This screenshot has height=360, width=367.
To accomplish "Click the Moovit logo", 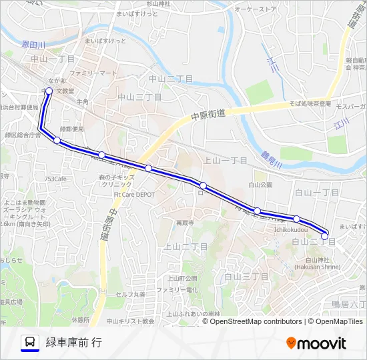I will coord(316,343).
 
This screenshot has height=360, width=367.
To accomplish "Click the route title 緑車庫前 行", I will coord(73,343).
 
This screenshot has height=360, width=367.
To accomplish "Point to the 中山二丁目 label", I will coord(171,79).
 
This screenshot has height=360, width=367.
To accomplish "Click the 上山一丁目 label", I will coord(225,161).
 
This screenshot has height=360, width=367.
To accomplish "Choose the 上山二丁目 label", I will coord(181,246).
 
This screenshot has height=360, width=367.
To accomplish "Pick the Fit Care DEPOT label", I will coord(133,195).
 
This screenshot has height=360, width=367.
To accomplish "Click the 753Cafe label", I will coord(56,179).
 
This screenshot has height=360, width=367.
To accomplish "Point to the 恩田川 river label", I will coord(33,44).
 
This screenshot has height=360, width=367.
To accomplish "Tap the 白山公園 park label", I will coord(261,184).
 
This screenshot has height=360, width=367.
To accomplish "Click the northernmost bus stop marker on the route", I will coord(49,91).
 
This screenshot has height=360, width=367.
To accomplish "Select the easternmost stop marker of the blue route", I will coord(325,235).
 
